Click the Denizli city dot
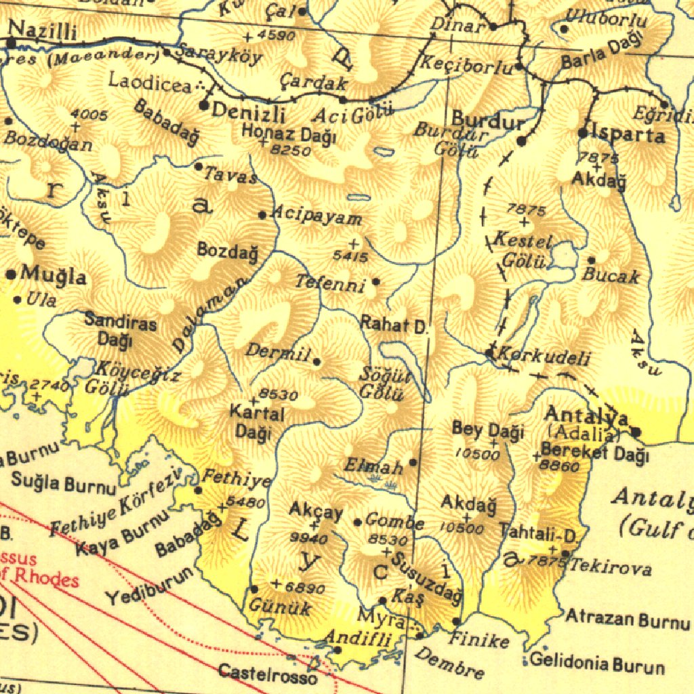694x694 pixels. [x=204, y=105]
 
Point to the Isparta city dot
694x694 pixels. [x=583, y=133]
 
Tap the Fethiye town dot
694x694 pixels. [x=199, y=490]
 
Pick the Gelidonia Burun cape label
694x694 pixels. [x=597, y=663]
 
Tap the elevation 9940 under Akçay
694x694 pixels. [x=309, y=539]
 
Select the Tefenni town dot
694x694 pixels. [x=376, y=281]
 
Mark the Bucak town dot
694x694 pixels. [x=591, y=260]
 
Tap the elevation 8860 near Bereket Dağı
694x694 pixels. [x=560, y=466]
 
